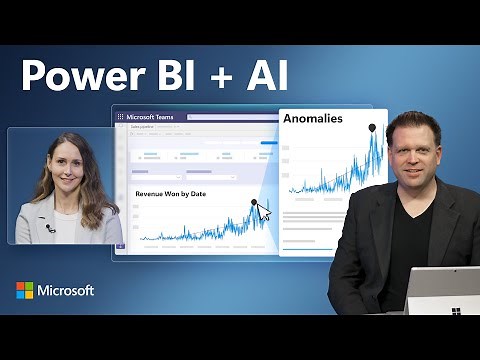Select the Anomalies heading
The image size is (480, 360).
(312, 118)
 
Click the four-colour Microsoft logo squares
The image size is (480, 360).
(24, 290)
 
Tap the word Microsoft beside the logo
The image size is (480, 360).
(66, 290)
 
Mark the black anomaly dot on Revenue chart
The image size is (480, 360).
(254, 202)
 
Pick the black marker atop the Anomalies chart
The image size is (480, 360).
(372, 127)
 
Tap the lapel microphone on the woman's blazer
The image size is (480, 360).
(50, 228)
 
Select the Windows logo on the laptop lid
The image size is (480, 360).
(456, 310)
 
